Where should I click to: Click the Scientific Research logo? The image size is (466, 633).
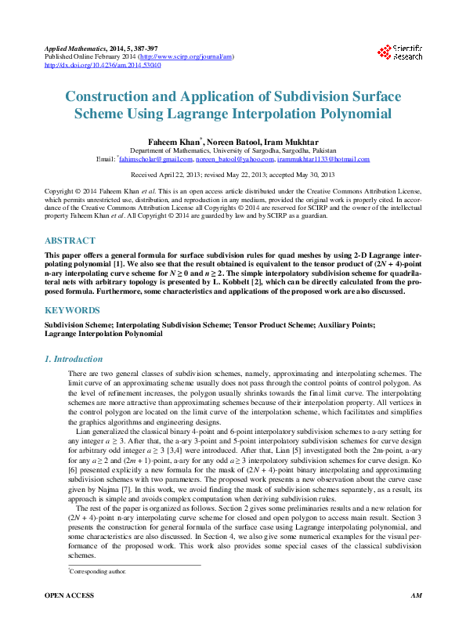400,52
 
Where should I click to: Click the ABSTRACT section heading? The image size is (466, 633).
70,241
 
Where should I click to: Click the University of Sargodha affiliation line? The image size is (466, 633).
233,150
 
